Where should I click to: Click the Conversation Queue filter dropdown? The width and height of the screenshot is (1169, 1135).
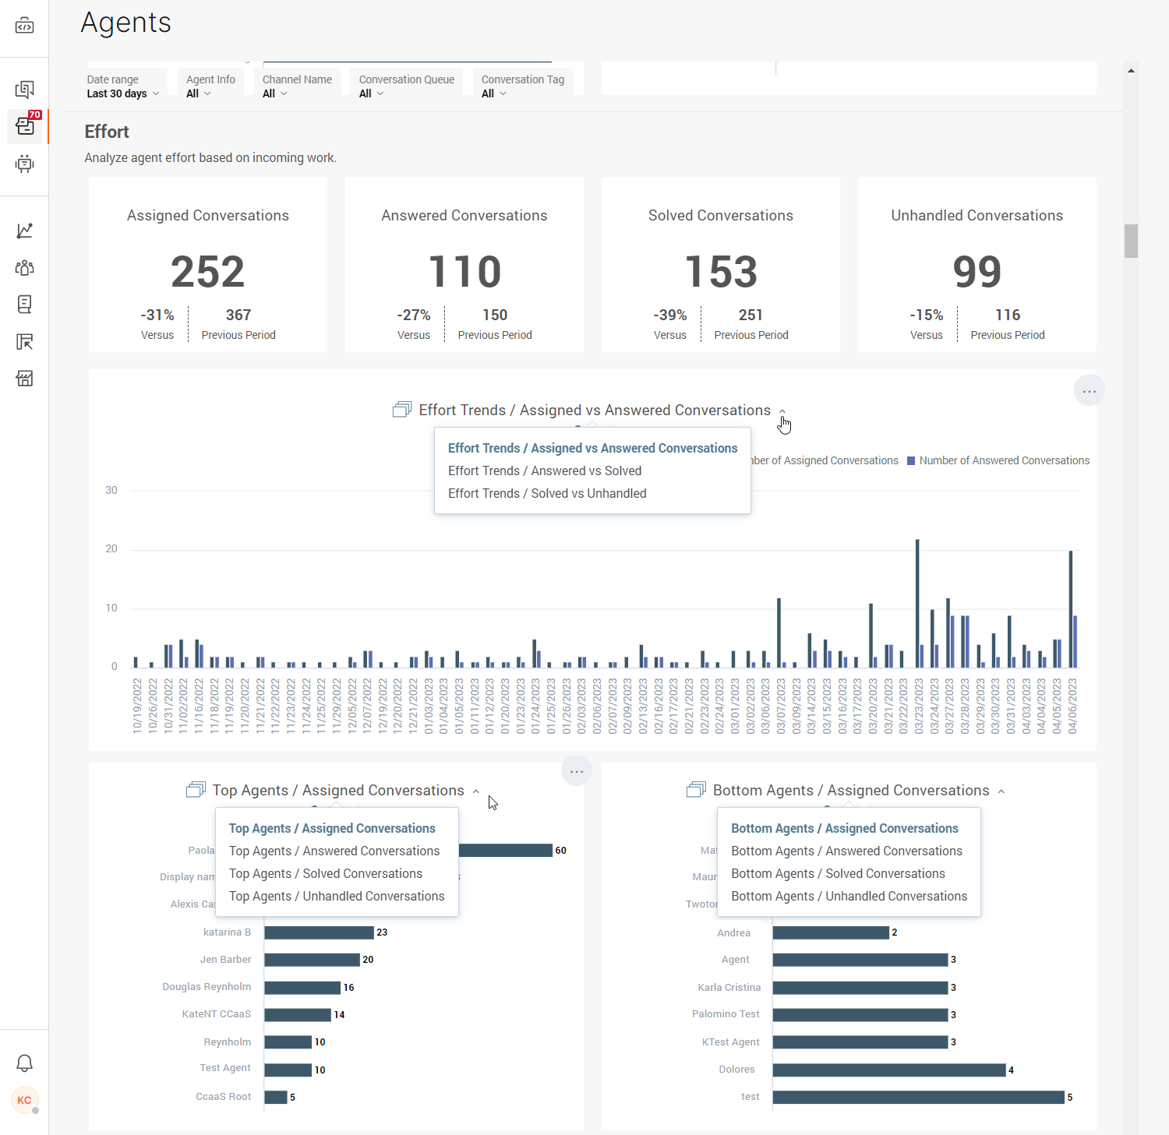click(x=406, y=86)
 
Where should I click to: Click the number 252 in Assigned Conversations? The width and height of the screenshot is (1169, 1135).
click(x=207, y=272)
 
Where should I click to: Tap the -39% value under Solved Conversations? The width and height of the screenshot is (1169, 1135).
click(x=670, y=315)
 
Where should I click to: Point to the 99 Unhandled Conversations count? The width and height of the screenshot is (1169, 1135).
click(x=977, y=272)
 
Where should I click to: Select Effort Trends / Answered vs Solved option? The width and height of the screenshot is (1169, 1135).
click(x=545, y=471)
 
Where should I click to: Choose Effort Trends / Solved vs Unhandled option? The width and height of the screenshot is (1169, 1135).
click(x=547, y=493)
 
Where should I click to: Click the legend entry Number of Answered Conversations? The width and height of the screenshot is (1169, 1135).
click(x=1004, y=460)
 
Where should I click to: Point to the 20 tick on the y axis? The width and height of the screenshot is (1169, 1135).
click(x=111, y=548)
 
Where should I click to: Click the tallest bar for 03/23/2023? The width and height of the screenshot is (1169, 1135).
click(x=917, y=603)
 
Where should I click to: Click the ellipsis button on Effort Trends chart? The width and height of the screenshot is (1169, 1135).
click(x=1089, y=390)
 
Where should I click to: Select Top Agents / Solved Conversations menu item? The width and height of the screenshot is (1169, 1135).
click(x=326, y=873)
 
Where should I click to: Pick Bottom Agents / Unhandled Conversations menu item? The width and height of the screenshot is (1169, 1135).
click(x=849, y=896)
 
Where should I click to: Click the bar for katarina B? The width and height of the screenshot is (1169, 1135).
click(x=319, y=932)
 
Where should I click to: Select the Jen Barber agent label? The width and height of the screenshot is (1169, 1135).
click(x=225, y=960)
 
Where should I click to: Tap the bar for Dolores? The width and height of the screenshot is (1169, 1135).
click(x=888, y=1070)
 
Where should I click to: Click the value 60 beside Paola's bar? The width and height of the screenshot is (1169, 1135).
click(x=560, y=851)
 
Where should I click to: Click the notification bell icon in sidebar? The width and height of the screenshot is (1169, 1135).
click(x=24, y=1063)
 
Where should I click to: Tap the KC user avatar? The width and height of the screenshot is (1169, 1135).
click(x=24, y=1100)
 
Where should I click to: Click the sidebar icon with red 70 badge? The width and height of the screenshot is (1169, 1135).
click(x=25, y=125)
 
